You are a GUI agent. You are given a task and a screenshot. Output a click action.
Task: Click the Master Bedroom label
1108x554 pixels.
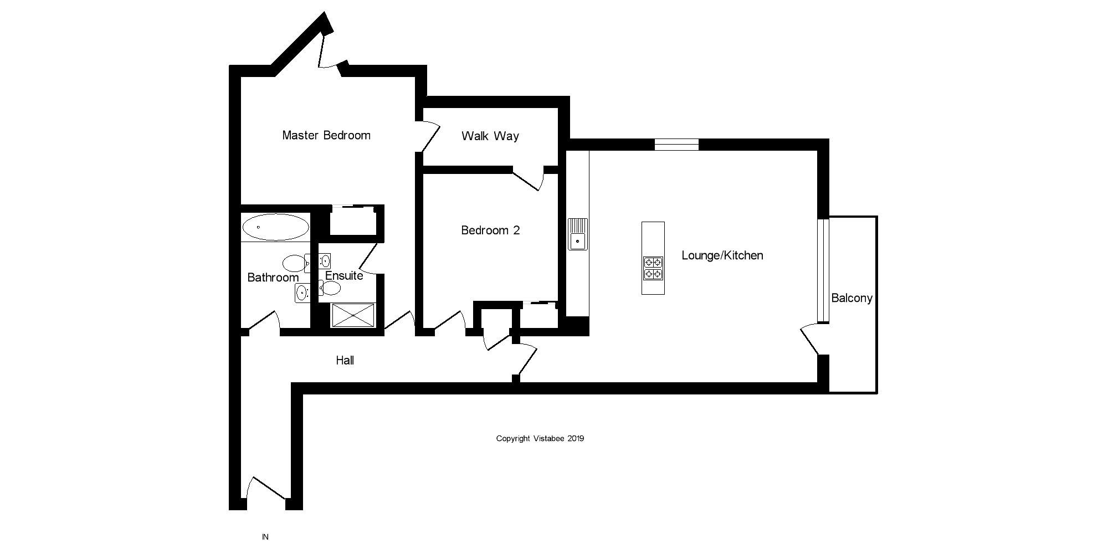(326, 135)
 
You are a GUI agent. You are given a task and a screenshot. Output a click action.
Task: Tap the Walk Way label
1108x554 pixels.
(490, 136)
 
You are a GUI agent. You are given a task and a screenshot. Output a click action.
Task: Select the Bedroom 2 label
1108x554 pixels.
(490, 230)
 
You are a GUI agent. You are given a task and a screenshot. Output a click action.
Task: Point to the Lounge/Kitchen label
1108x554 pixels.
(722, 255)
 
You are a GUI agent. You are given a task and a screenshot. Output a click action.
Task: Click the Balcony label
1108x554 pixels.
(851, 298)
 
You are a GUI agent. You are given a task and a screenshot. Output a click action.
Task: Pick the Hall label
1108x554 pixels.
(345, 361)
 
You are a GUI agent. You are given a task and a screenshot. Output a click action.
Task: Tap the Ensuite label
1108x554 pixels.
(344, 276)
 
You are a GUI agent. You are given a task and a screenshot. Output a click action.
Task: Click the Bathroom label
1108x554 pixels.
(273, 278)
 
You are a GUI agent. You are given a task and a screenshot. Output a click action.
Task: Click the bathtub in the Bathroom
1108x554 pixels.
(275, 227)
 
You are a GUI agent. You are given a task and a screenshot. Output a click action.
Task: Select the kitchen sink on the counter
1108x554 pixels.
(578, 234)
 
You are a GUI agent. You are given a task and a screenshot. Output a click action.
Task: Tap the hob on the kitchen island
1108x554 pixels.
(653, 268)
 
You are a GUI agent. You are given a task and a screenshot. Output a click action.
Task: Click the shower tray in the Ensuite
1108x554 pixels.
(353, 315)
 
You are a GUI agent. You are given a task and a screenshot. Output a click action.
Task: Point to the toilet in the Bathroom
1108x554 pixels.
(294, 262)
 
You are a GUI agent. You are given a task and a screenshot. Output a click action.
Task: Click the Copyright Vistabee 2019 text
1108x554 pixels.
(540, 439)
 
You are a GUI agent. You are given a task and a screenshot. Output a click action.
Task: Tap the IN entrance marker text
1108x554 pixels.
(265, 537)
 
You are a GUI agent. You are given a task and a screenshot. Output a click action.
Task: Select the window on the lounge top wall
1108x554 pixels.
(676, 145)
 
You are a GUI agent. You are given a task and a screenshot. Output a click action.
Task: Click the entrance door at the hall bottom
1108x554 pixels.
(266, 490)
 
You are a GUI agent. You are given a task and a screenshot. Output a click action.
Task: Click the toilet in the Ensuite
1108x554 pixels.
(330, 288)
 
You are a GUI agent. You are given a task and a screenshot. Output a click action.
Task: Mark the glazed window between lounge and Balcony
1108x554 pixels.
(823, 270)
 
